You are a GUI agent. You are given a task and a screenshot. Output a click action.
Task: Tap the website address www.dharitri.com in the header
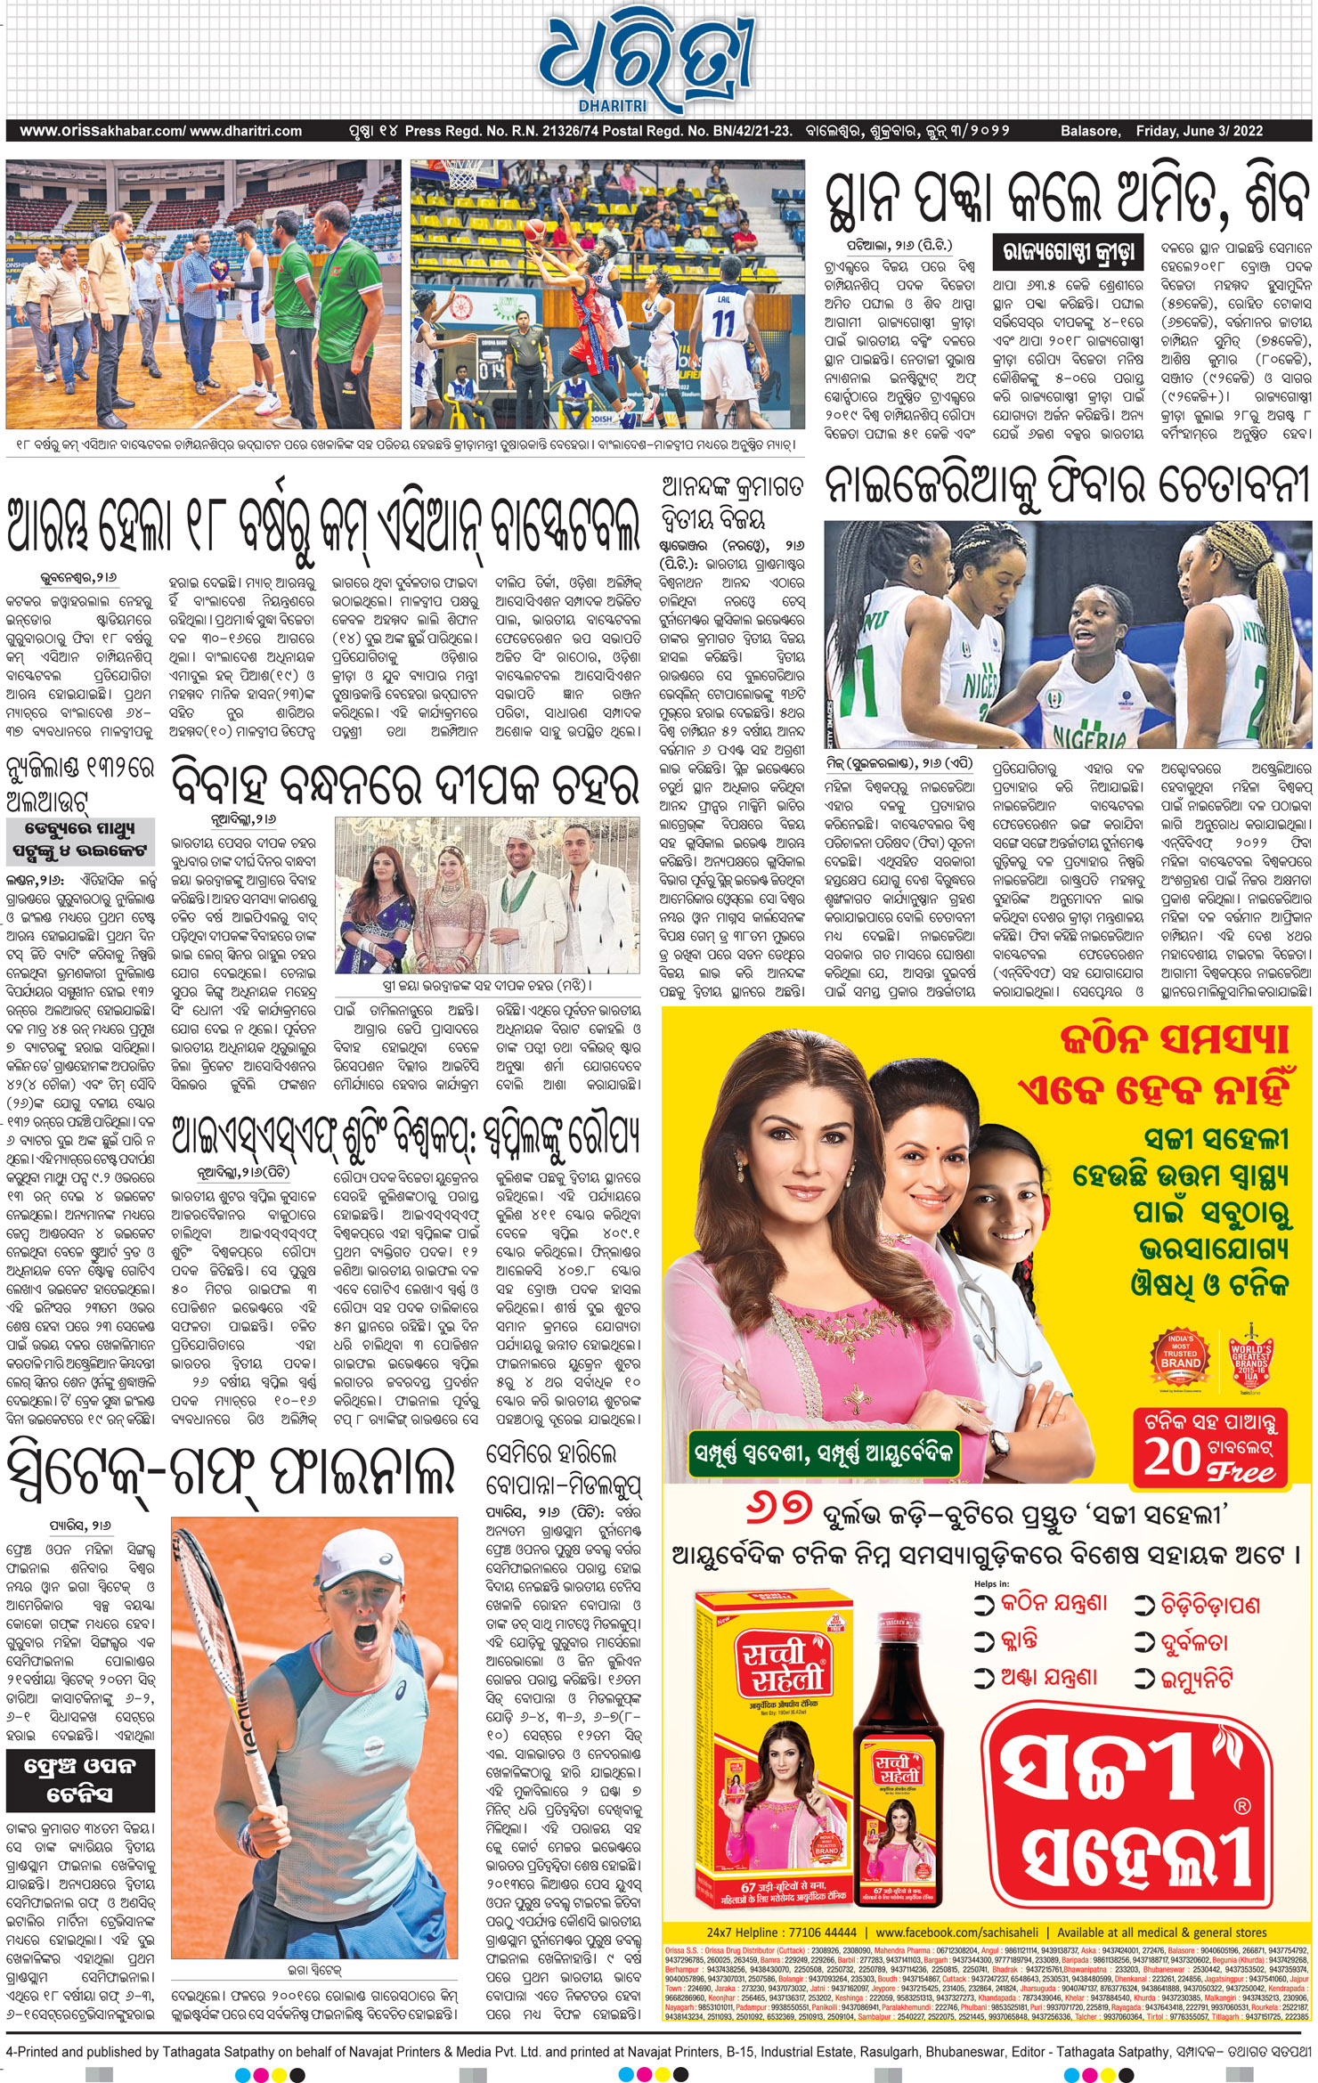(246, 131)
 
